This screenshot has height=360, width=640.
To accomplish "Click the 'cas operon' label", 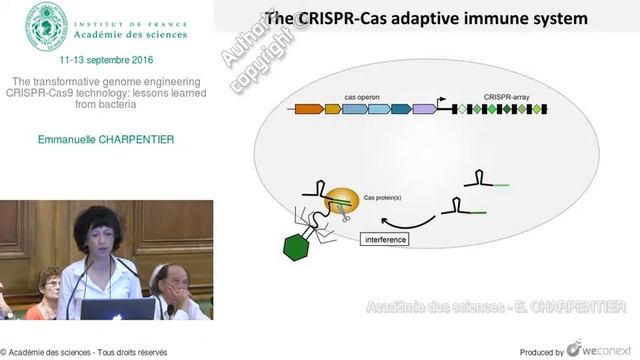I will point(362,96).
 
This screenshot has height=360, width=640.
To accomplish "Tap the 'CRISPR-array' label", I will point(506,96).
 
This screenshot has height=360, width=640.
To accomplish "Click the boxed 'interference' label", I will point(386,240).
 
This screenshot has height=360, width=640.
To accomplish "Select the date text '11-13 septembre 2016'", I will point(107,61).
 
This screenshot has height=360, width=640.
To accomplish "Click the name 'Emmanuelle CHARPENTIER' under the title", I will point(107,139).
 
